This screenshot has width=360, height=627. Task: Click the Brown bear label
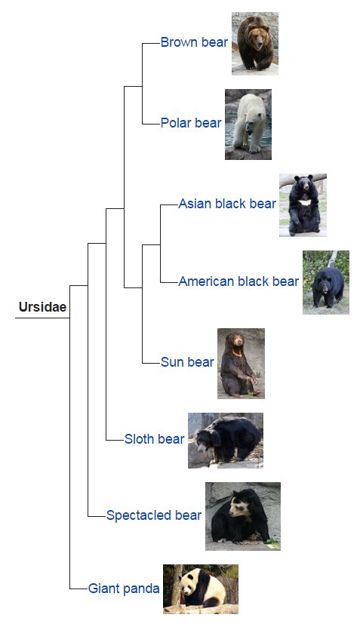point(194,43)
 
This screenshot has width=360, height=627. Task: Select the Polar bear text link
point(191,123)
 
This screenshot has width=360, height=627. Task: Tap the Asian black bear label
point(227,204)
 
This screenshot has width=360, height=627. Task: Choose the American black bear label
point(238,282)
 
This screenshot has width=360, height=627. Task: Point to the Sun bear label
point(187,362)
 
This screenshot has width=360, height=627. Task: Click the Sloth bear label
point(154,439)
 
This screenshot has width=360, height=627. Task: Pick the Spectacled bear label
point(154,515)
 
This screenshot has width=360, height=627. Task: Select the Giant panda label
point(124,588)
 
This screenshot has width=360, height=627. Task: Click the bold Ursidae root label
point(42,307)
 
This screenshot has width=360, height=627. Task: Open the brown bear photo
point(254,43)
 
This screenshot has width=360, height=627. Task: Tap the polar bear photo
point(248,124)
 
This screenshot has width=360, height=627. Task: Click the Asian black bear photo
point(303,204)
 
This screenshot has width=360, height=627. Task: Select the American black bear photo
point(325,282)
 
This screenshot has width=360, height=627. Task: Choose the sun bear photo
point(241,363)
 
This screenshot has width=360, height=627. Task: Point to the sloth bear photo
point(225,440)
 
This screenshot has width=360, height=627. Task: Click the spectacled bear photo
point(242,516)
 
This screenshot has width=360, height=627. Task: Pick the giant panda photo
point(200,589)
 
